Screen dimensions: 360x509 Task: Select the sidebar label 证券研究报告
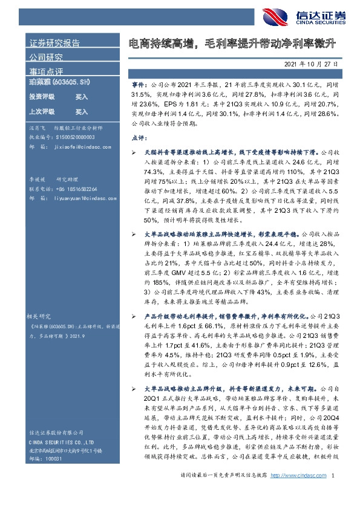[54, 43]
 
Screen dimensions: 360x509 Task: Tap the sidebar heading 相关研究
[40, 316]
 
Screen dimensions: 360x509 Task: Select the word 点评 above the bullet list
[139, 138]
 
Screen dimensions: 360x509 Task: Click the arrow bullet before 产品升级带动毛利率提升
[134, 316]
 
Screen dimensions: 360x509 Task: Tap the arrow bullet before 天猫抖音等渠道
[134, 154]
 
